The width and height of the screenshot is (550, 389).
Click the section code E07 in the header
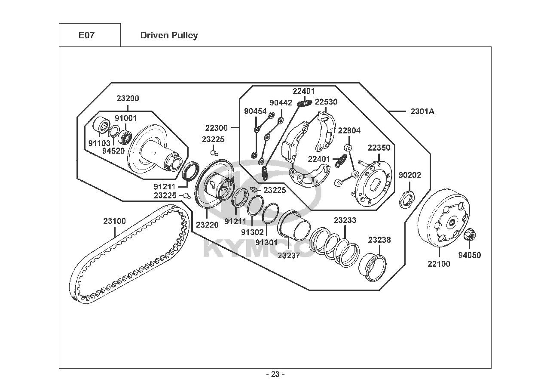click(x=86, y=36)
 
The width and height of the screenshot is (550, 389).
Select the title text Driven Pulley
click(x=169, y=36)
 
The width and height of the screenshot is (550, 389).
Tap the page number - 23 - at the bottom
click(x=275, y=374)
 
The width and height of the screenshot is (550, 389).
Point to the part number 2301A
click(x=422, y=111)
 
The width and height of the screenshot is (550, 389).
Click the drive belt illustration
click(x=129, y=254)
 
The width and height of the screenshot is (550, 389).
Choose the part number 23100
click(x=115, y=221)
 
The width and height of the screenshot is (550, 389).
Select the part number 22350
click(x=379, y=148)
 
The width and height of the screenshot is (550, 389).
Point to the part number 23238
click(x=379, y=240)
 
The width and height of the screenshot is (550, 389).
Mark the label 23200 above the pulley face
click(x=128, y=98)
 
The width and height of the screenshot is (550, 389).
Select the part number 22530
click(x=326, y=102)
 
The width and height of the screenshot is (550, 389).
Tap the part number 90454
click(x=256, y=111)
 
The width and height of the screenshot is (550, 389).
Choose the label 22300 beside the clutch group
click(x=217, y=128)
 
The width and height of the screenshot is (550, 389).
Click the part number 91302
click(x=252, y=232)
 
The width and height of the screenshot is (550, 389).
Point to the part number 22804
click(x=349, y=130)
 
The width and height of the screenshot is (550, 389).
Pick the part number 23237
click(x=289, y=255)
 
